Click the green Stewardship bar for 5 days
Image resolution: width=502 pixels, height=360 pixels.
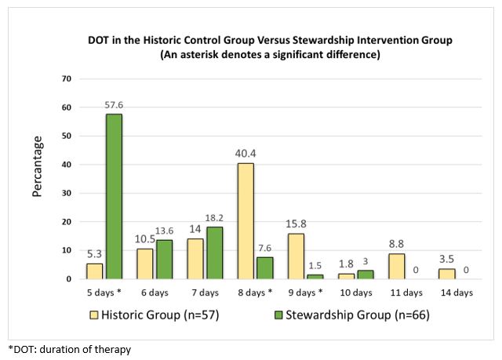tap(114, 196)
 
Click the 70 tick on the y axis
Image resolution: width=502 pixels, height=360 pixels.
tap(67, 78)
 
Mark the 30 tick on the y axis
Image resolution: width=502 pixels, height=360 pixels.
tap(67, 193)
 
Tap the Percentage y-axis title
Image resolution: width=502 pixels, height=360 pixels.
tap(38, 178)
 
